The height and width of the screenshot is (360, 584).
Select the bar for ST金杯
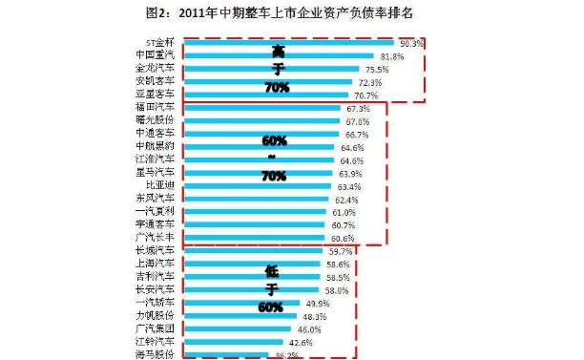coord(286,43)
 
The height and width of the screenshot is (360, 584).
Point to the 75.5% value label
coord(374,70)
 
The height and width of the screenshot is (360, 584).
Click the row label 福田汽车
coord(156,109)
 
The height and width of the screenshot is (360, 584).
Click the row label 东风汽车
coord(156,200)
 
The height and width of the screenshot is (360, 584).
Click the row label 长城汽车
coord(156,251)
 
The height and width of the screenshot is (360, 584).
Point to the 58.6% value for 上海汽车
coord(338,265)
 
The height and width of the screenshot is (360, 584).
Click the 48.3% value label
coord(315,316)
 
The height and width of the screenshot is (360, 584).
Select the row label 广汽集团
coord(156,328)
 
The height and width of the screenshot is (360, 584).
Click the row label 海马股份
coord(156,353)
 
